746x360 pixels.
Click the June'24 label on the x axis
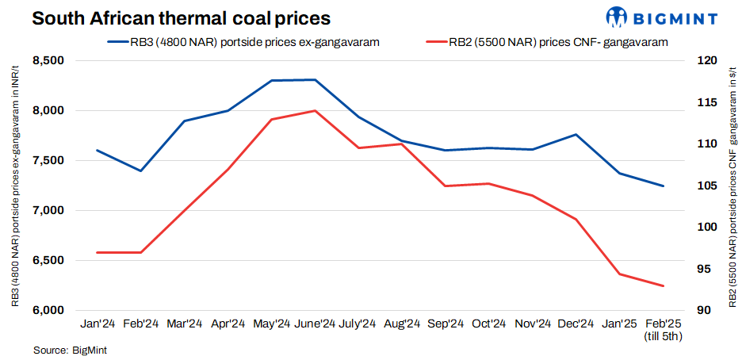(315, 324)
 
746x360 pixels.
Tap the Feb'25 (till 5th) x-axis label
(663, 329)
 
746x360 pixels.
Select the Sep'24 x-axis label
(446, 324)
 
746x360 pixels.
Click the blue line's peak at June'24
(316, 80)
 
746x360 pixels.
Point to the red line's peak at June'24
(316, 111)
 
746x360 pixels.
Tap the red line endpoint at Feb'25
(663, 285)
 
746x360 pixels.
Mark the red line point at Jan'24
(98, 252)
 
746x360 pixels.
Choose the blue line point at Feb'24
(141, 170)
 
